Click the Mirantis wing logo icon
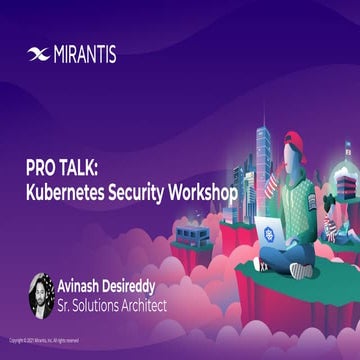point(39,54)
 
